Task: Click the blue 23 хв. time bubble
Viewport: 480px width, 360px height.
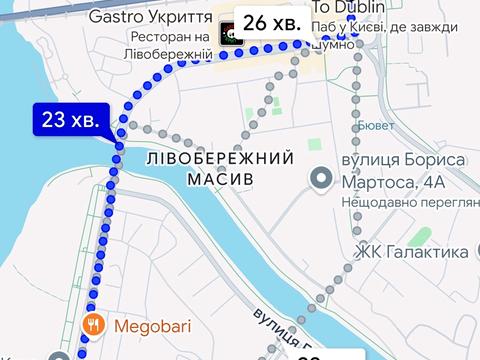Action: (x=70, y=120)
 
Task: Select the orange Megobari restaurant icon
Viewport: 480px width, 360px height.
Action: (x=92, y=323)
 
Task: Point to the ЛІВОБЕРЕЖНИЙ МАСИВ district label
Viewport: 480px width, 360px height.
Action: (x=218, y=168)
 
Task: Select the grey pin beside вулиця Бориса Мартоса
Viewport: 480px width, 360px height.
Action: (x=320, y=179)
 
